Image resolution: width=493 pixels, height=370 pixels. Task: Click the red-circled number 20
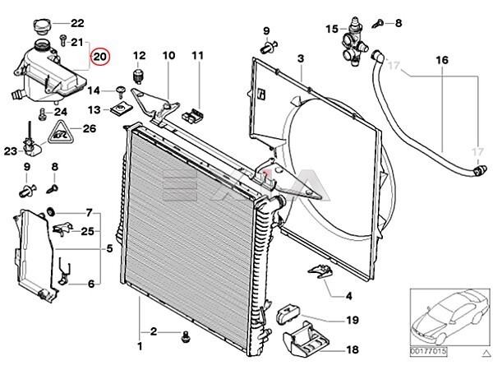[x=100, y=57]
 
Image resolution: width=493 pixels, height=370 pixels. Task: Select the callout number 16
[x=442, y=61]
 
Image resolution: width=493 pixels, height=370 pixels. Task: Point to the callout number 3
[x=301, y=58]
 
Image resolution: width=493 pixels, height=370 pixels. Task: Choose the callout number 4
[x=348, y=296]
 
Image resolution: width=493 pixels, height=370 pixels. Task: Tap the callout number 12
[x=139, y=55]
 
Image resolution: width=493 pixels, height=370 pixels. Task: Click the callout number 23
[x=10, y=150]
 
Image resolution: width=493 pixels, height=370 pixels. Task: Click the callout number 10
[x=168, y=55]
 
